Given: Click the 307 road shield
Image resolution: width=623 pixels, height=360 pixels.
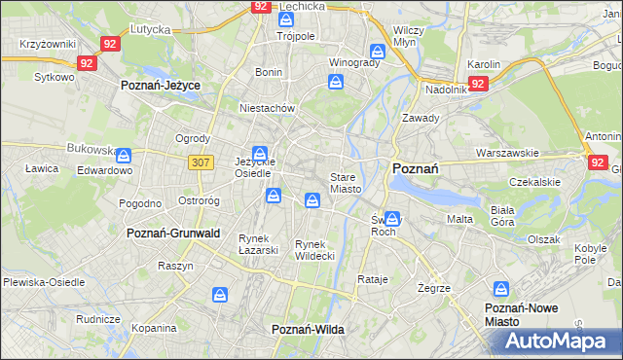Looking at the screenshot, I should point(202,162).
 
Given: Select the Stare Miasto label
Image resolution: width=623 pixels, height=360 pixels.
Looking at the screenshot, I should point(346,183).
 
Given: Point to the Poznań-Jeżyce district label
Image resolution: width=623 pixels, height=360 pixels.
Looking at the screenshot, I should point(161,86).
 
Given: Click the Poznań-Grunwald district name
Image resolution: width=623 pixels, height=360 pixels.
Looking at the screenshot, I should point(173,234).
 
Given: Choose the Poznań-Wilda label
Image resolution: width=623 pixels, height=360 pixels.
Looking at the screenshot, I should point(308,330).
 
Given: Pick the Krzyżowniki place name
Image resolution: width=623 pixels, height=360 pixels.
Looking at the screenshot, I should point(47,45).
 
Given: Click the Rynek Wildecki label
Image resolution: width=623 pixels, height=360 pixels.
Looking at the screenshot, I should point(314,250).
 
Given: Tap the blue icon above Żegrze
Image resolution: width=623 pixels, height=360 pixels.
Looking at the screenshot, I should point(501,289).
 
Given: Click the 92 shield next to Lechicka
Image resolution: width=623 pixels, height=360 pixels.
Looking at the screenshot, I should point(260,6).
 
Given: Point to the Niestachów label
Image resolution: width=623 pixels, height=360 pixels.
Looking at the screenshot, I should point(267,108).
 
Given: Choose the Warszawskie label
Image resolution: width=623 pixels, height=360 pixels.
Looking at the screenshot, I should point(507,153).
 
